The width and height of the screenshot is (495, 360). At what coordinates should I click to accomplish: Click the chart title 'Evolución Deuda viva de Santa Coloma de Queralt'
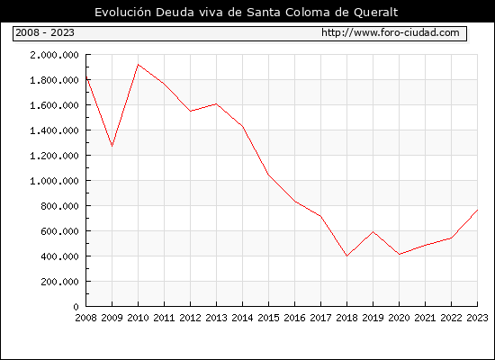[x=247, y=13]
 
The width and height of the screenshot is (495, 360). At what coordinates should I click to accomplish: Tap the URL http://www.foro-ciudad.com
[x=391, y=32]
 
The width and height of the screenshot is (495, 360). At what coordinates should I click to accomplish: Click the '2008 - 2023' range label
[x=45, y=32]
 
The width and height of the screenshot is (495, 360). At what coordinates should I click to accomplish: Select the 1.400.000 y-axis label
[x=54, y=130]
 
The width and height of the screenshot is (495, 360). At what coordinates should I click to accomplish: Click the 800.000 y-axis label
[x=59, y=206]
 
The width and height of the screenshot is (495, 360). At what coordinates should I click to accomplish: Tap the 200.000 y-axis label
[x=59, y=282]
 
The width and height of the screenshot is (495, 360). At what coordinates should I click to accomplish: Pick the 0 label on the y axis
[x=76, y=307]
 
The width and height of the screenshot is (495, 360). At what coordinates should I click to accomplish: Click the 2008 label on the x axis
[x=85, y=318]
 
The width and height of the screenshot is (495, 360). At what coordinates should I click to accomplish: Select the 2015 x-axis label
[x=269, y=318]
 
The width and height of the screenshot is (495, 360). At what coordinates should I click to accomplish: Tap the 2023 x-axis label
[x=477, y=318]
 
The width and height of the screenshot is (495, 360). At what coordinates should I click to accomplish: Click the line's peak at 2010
[x=138, y=65]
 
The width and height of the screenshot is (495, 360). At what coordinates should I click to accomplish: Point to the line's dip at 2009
[x=112, y=146]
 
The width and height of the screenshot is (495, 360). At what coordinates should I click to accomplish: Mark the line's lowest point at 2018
[x=346, y=256]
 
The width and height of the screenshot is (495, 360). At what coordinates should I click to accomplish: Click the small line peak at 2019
[x=373, y=232]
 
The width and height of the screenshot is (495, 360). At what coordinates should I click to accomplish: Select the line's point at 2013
[x=216, y=103]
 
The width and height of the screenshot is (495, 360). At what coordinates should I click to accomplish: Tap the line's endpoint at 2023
[x=477, y=210]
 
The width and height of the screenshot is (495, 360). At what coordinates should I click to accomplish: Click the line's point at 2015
[x=269, y=175]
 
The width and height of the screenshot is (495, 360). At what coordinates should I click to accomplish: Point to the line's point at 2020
[x=399, y=254]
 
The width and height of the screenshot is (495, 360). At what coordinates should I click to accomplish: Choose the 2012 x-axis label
[x=191, y=318]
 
